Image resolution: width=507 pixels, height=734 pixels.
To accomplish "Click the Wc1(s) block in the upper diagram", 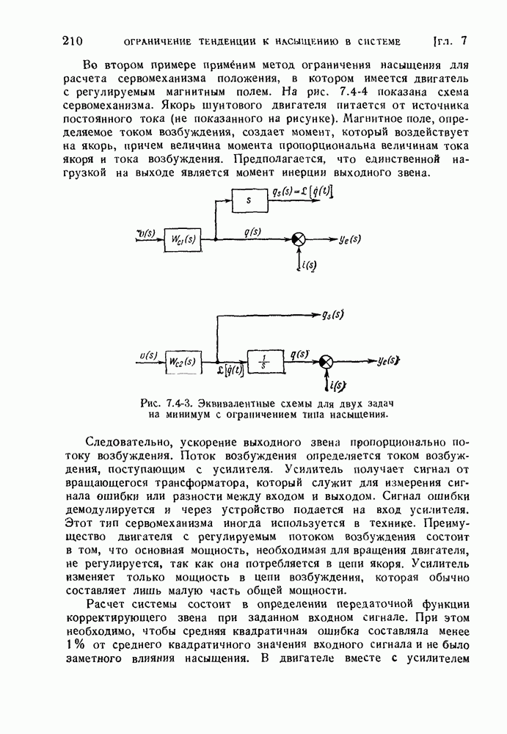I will (x=181, y=239).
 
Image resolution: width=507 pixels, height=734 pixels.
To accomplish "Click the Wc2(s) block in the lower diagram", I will (x=182, y=361).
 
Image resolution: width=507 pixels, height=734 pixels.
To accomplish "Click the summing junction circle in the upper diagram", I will (x=299, y=239).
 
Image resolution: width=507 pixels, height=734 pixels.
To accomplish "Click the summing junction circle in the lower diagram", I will (x=327, y=361).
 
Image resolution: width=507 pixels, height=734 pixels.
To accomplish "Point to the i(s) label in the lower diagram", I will (x=338, y=385).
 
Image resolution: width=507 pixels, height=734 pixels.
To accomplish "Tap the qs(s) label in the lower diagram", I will (x=333, y=316).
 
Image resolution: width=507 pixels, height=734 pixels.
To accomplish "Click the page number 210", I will (x=76, y=41).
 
